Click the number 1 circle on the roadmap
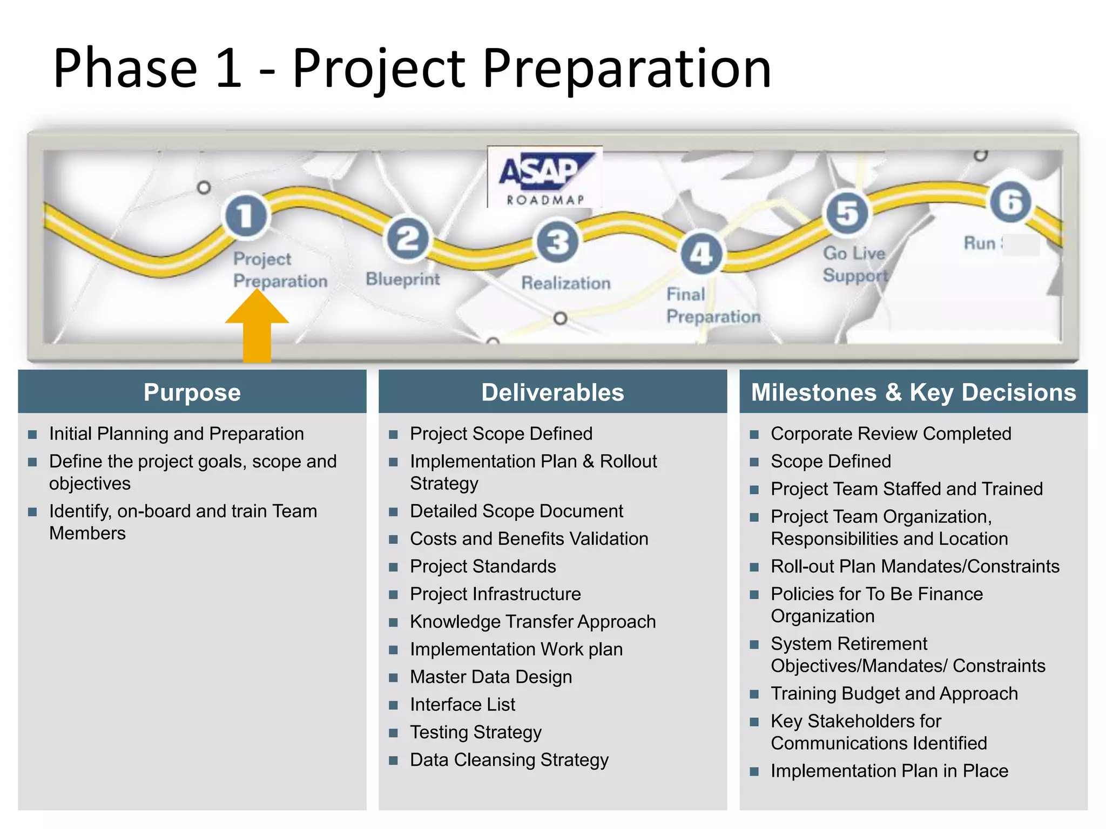(x=246, y=215)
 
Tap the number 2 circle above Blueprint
(x=408, y=239)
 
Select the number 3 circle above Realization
(x=557, y=241)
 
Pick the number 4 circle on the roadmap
(x=701, y=254)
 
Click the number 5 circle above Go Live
(x=847, y=213)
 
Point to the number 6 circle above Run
(x=1010, y=202)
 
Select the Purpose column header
(x=192, y=392)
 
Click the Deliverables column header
(x=552, y=392)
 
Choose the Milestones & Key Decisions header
(x=913, y=392)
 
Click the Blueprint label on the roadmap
(x=403, y=279)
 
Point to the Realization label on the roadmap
(x=566, y=283)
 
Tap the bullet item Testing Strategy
(x=475, y=732)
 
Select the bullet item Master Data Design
(x=490, y=677)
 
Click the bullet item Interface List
(x=462, y=704)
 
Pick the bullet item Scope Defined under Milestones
(x=831, y=461)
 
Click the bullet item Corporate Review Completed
(x=891, y=433)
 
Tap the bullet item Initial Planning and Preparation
(x=176, y=433)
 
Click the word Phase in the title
(x=125, y=69)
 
